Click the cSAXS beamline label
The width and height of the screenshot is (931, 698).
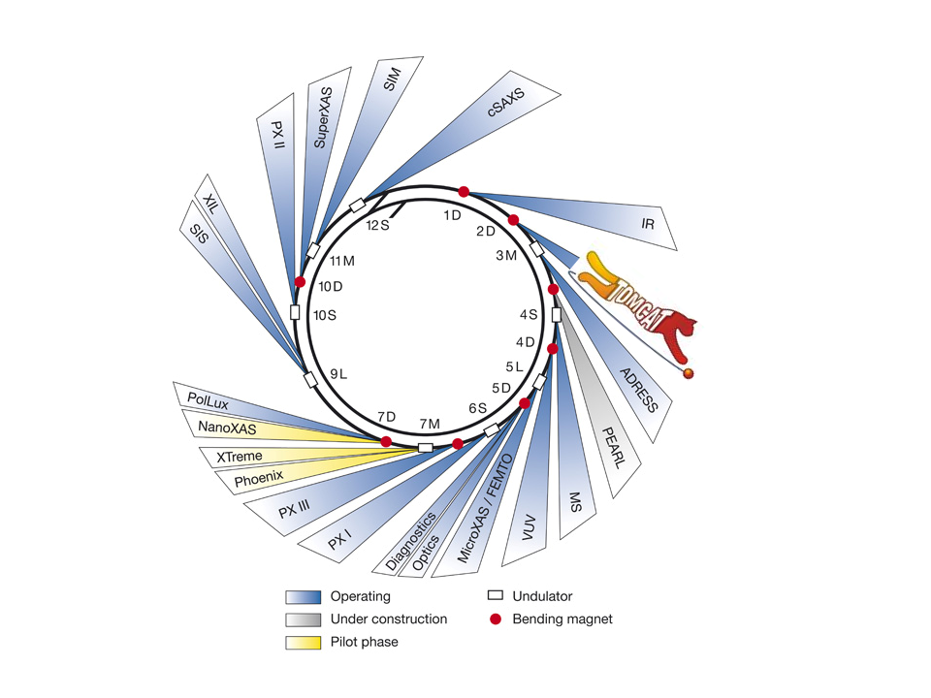(506, 102)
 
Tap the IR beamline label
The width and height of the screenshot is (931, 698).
(648, 224)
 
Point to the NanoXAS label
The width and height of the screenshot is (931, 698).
(227, 428)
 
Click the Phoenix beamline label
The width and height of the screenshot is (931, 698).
(259, 478)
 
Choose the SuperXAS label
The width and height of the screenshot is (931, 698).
(322, 117)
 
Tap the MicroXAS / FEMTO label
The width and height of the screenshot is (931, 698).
(485, 509)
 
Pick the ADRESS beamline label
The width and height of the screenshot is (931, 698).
(639, 390)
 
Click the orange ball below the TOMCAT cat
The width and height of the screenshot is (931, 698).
(689, 373)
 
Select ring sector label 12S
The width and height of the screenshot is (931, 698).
(377, 226)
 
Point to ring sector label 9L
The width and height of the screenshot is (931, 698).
(338, 374)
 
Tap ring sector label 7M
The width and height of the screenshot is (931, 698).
(430, 424)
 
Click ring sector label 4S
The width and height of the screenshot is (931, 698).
(529, 314)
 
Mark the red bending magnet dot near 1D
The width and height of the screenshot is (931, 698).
(464, 192)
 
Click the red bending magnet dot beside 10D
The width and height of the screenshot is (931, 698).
(300, 282)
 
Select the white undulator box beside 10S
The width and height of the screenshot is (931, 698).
(295, 312)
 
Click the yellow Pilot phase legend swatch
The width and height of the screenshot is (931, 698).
(303, 642)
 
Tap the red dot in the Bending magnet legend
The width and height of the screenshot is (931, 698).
(496, 619)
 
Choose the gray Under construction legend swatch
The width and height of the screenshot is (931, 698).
(303, 619)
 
